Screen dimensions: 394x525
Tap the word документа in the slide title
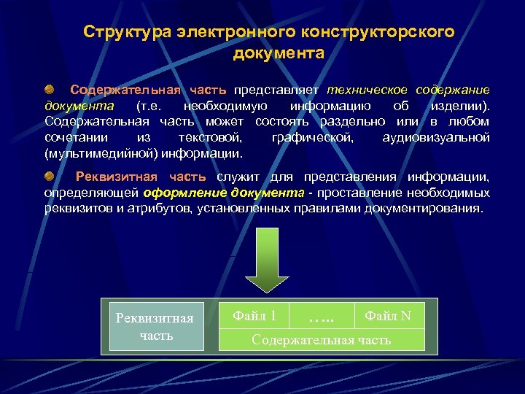point(279,53)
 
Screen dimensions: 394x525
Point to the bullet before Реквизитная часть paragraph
point(49,177)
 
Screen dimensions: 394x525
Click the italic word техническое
point(368,90)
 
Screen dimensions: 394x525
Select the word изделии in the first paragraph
point(462,107)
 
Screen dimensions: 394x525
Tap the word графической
point(311,138)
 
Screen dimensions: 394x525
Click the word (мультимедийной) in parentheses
point(98,154)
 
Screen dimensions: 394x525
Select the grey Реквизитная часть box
point(156,325)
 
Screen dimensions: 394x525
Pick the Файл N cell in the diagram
point(388,315)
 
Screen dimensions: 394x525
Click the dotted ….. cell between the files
point(321,317)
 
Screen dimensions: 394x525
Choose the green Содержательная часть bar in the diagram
point(322,339)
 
